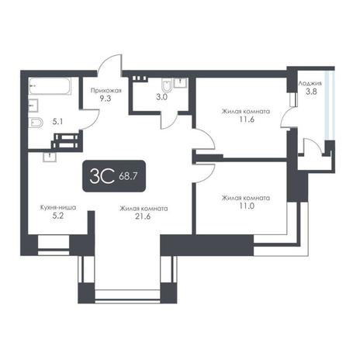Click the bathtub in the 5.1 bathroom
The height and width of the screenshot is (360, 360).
point(50,86)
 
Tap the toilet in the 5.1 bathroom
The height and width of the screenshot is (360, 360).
point(36,123)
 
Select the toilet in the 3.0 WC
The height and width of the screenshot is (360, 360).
point(167,86)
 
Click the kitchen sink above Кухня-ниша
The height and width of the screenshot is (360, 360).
point(50,157)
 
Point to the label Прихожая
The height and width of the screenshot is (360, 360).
point(106,91)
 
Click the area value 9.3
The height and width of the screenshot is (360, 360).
point(106,99)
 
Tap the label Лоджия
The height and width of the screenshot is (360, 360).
point(310,84)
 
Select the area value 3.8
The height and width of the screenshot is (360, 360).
point(311,92)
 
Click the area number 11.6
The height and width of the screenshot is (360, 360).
point(246,119)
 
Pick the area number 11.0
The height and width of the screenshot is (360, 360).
point(246,206)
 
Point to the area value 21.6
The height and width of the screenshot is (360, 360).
point(144,216)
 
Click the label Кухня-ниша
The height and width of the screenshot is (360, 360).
point(58,208)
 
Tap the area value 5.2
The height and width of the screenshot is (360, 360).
point(58,216)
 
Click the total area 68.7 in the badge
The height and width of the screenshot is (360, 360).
point(128,177)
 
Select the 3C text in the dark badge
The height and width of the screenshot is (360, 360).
point(102,176)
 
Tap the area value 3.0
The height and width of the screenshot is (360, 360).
point(161,97)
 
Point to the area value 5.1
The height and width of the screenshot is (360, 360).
point(57,122)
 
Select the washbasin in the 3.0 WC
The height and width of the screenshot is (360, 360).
point(181,83)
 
